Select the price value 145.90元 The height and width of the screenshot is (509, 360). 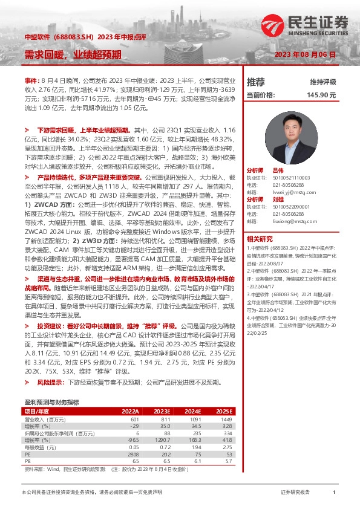(x=321, y=95)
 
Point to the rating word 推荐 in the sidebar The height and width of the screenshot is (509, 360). (x=257, y=82)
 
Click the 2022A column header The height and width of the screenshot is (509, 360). (x=130, y=411)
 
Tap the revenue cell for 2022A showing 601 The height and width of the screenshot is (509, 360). (x=134, y=419)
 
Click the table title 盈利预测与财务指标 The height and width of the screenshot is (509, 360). (x=51, y=402)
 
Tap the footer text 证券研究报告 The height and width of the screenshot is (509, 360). (x=295, y=493)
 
